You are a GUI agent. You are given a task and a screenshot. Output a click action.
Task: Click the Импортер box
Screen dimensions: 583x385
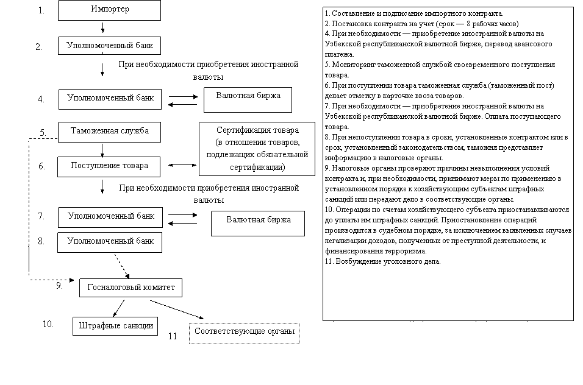[x=109, y=10]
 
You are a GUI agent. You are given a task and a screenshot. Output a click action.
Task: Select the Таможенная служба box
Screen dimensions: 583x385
[x=109, y=132]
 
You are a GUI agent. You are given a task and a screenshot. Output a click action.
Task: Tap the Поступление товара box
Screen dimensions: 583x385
[x=109, y=167]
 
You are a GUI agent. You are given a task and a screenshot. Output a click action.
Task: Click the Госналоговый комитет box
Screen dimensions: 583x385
[x=131, y=288]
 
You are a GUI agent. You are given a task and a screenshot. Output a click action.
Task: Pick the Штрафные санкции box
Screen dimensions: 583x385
[x=115, y=326]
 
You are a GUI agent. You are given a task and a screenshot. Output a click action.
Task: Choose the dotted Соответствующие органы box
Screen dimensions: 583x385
[x=245, y=333]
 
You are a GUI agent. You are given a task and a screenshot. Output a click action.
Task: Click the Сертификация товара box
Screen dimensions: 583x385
[x=257, y=149]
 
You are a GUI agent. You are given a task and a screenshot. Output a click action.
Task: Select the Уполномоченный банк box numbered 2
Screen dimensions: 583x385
[x=109, y=46]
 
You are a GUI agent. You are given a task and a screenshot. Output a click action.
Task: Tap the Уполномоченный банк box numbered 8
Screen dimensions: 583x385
[x=110, y=242]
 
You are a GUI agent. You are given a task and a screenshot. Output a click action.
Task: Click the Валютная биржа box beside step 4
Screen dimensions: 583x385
[x=248, y=100]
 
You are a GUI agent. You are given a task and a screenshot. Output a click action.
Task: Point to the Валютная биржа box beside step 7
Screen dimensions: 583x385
[x=258, y=224]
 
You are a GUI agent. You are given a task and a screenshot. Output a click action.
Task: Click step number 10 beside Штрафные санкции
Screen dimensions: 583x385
[x=48, y=324]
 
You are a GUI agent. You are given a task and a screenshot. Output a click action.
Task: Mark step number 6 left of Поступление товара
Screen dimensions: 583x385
[x=42, y=166]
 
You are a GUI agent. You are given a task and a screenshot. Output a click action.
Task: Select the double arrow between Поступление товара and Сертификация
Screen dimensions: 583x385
[x=182, y=165]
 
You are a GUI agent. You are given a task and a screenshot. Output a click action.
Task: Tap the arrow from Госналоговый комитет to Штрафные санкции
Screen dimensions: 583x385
[x=118, y=308]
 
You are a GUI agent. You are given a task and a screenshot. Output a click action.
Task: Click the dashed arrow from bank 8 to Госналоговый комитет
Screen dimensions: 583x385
[x=122, y=266]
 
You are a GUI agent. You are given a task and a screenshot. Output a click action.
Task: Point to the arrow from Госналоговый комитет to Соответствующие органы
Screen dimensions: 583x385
[x=177, y=309]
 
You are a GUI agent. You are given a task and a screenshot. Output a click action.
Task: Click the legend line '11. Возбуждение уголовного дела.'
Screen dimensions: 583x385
[x=382, y=261]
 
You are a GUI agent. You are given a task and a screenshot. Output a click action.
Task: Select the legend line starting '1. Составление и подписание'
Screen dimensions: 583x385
[x=414, y=14]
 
